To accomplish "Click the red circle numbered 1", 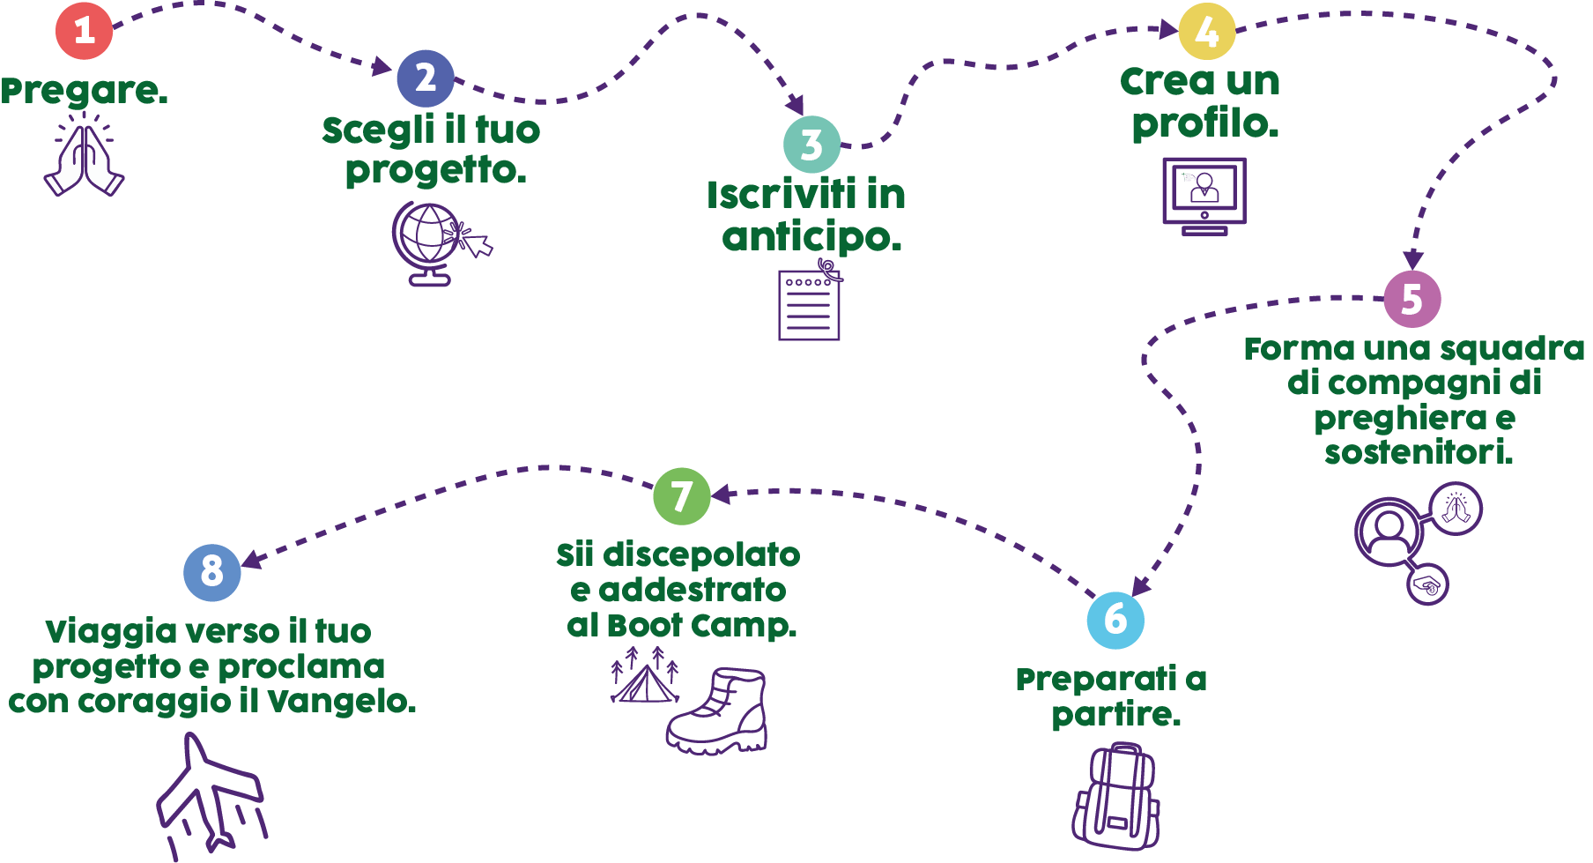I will point(85,31).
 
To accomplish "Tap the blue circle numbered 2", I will point(426,78).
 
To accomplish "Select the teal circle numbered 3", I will point(811,145).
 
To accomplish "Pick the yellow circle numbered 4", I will point(1206,32).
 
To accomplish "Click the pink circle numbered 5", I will point(1411,299).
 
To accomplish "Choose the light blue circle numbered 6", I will point(1115,620).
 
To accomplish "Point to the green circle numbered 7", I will point(681,496).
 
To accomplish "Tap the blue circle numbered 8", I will point(211,572).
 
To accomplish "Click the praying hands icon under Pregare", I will point(84,157).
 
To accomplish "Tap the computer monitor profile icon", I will point(1204,195).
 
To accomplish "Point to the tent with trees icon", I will point(645,677).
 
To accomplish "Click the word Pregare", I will point(84,91).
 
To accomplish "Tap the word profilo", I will point(1204,123).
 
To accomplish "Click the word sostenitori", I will point(1419,452).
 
